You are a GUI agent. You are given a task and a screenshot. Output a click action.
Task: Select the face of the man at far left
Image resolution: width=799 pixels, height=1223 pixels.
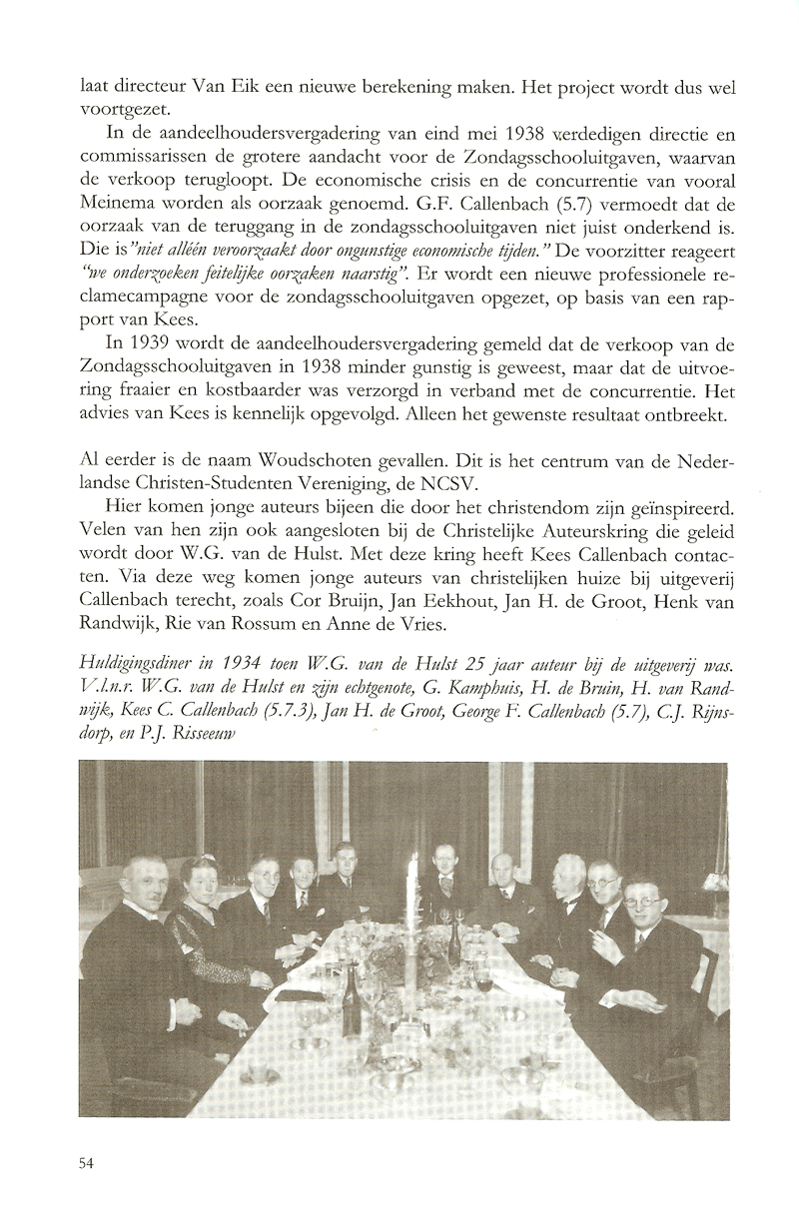[138, 883]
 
